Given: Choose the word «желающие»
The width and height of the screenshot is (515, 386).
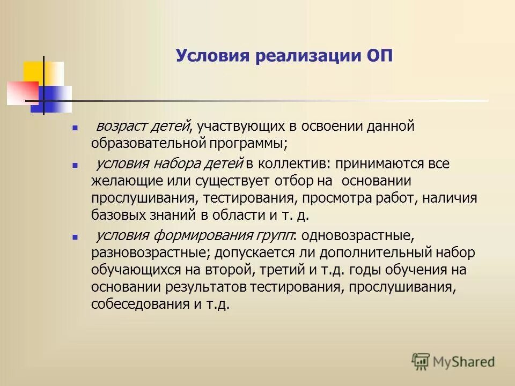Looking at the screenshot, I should point(120,181).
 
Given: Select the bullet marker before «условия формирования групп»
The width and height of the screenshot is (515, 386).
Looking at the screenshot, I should point(75,236).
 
